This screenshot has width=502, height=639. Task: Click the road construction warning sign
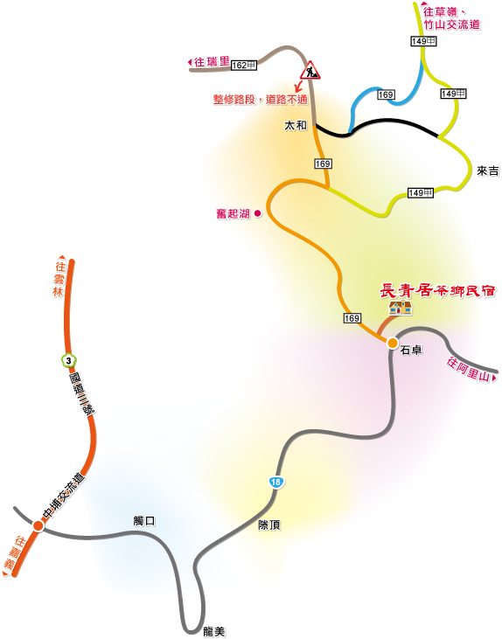coord(310,71)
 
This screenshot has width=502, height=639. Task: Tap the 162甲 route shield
coord(244,66)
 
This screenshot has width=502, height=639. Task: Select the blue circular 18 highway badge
coord(275,482)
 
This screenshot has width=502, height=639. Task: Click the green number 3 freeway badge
coord(68,361)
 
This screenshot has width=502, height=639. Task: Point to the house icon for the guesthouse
coord(400,308)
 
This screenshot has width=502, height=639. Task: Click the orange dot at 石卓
coord(393,344)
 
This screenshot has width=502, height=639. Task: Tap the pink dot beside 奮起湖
coord(258,213)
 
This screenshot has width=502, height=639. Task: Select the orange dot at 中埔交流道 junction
coord(38,526)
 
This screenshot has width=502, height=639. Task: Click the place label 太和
coord(296,126)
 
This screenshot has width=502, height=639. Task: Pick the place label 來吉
coord(488,171)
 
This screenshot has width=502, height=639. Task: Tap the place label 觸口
coord(144,521)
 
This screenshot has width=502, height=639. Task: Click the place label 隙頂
coord(269,524)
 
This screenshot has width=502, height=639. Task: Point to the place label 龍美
coord(214,632)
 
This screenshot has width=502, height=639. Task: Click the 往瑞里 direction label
coord(209,62)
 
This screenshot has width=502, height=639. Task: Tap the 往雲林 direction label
coord(59,276)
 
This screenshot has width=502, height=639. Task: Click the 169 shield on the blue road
coord(386,95)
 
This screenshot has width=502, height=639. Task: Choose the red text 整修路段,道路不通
coord(260,100)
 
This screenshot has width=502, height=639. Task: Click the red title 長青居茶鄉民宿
coord(437,291)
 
